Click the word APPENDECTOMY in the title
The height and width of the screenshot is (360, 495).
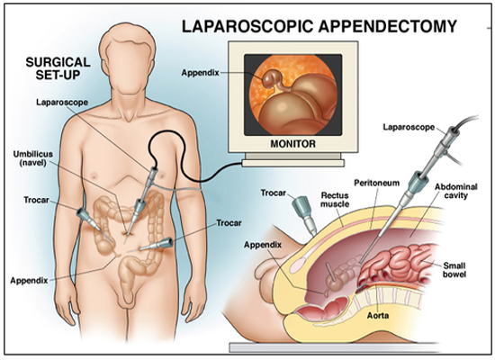(387, 26)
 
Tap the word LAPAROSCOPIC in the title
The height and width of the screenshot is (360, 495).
(247, 26)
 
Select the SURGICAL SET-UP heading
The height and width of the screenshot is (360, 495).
(58, 68)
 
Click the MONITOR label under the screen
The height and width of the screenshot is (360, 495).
(292, 144)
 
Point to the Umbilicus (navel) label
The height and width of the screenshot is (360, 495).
(32, 158)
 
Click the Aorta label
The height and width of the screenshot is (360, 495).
(378, 315)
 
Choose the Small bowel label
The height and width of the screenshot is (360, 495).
(454, 270)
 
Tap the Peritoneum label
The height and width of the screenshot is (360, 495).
(376, 183)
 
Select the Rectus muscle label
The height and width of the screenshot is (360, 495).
(335, 200)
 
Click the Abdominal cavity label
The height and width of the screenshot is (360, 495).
(456, 191)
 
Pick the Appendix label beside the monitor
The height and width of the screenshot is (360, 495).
(200, 73)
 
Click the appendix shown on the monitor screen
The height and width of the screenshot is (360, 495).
(270, 78)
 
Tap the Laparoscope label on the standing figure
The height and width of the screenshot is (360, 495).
(62, 103)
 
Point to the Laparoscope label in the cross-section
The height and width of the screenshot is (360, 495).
(409, 127)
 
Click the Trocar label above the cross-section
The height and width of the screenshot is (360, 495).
(274, 193)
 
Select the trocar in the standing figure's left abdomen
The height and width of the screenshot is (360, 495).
(156, 245)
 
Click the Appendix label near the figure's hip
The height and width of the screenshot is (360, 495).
(29, 281)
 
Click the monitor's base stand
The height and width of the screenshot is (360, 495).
(292, 163)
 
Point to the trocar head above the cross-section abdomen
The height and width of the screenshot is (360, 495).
(301, 206)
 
